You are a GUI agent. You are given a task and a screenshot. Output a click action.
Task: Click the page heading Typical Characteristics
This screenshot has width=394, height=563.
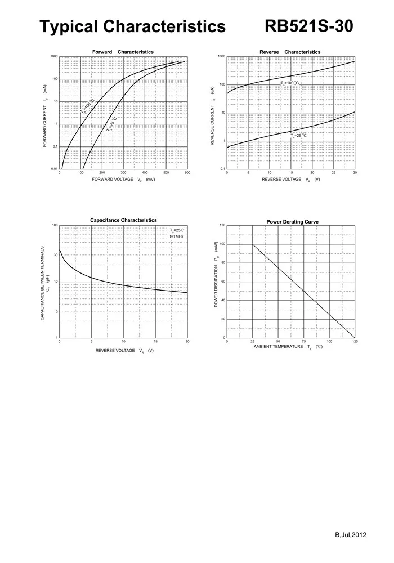(x=132, y=26)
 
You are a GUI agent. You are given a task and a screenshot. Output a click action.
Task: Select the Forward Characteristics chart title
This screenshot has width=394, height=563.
(x=123, y=52)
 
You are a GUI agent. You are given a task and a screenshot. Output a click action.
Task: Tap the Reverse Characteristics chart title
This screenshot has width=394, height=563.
(x=290, y=52)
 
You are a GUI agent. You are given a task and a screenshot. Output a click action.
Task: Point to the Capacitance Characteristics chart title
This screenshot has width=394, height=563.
(x=123, y=220)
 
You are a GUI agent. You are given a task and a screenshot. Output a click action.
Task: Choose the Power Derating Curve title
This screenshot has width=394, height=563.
(x=292, y=222)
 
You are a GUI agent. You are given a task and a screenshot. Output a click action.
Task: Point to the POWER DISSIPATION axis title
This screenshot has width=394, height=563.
(x=216, y=274)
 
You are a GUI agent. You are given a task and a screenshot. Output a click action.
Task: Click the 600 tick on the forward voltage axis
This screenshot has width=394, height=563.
(x=187, y=173)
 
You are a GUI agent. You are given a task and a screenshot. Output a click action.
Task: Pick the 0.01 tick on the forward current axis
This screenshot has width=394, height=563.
(x=54, y=169)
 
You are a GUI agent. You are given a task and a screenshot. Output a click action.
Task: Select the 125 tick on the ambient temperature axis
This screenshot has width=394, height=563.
(x=355, y=342)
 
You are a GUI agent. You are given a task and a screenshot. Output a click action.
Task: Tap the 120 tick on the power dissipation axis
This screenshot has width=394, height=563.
(x=222, y=225)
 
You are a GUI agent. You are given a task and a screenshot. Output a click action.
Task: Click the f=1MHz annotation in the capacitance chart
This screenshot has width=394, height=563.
(x=177, y=236)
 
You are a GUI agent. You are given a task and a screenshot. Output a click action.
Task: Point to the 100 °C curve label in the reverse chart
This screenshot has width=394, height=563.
(x=290, y=83)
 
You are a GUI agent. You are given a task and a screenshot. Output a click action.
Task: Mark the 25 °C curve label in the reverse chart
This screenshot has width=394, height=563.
(x=299, y=136)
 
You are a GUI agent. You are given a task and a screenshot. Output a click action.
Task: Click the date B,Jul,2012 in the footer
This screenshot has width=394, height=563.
(x=351, y=535)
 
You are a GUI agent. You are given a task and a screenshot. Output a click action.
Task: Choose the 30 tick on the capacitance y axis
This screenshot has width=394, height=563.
(x=55, y=254)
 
